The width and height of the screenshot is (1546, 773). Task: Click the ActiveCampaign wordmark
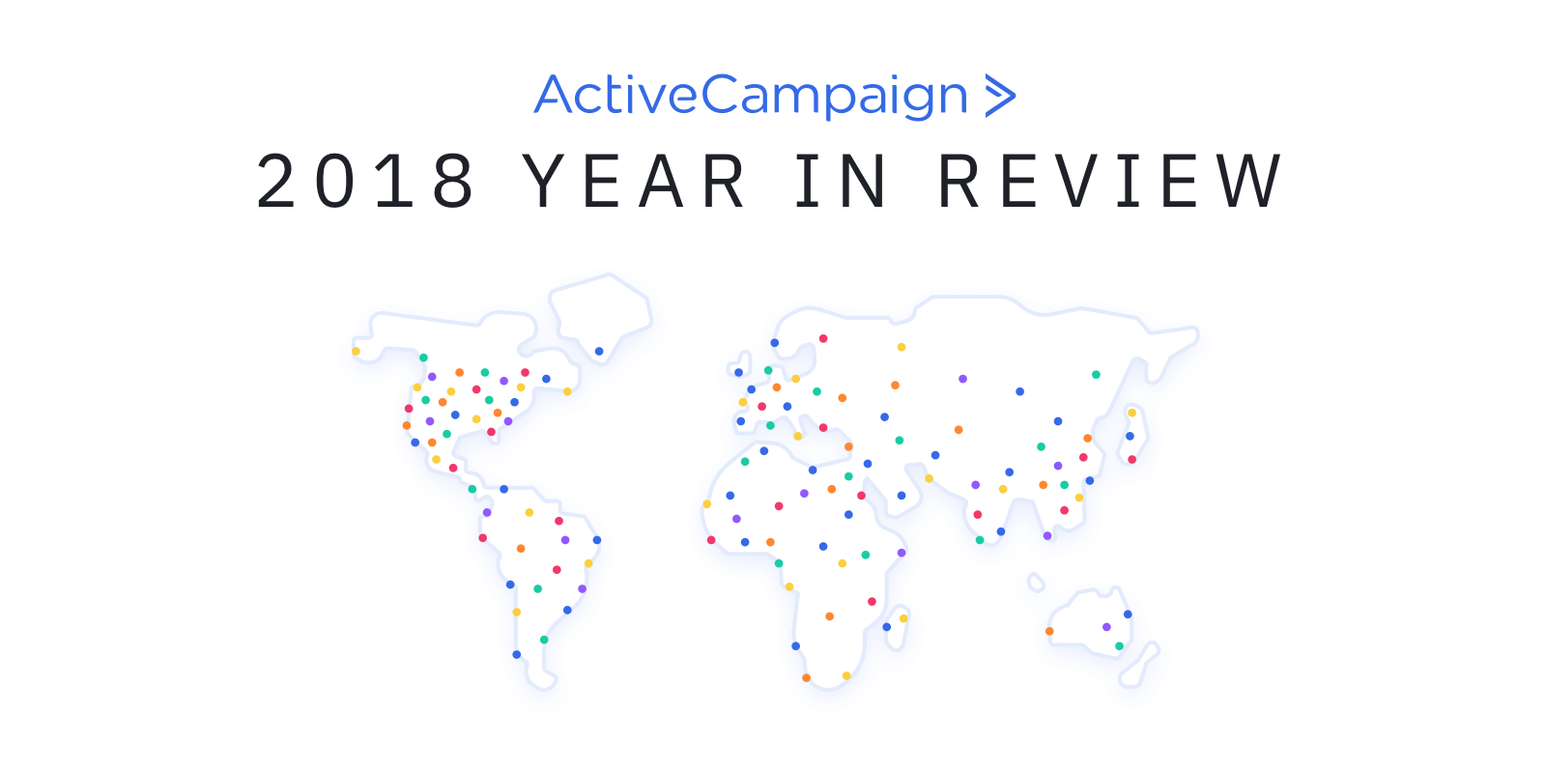pyautogui.click(x=751, y=97)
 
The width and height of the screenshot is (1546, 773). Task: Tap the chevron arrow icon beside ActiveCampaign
pyautogui.click(x=1000, y=96)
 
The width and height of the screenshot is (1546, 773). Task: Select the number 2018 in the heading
pyautogui.click(x=365, y=181)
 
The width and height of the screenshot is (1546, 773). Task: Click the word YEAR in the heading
pyautogui.click(x=633, y=181)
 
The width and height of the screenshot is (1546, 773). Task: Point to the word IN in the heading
pyautogui.click(x=842, y=181)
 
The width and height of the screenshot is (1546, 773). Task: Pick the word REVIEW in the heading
pyautogui.click(x=1110, y=181)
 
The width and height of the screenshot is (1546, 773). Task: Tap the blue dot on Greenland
pyautogui.click(x=599, y=352)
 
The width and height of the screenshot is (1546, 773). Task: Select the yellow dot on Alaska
pyautogui.click(x=357, y=352)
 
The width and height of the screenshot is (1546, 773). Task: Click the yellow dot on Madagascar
pyautogui.click(x=903, y=618)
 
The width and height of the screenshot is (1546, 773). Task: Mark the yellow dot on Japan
pyautogui.click(x=1131, y=413)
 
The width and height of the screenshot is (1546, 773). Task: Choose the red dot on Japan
pyautogui.click(x=1131, y=459)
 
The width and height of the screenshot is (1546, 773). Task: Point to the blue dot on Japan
pyautogui.click(x=1130, y=436)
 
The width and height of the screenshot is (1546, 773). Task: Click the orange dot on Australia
pyautogui.click(x=1049, y=631)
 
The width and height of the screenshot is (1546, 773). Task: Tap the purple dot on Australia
pyautogui.click(x=1106, y=627)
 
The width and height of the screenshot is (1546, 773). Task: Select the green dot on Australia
pyautogui.click(x=1120, y=646)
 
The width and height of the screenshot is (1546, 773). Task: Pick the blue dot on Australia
pyautogui.click(x=1128, y=615)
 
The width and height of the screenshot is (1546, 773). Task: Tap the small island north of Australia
pyautogui.click(x=1036, y=582)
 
